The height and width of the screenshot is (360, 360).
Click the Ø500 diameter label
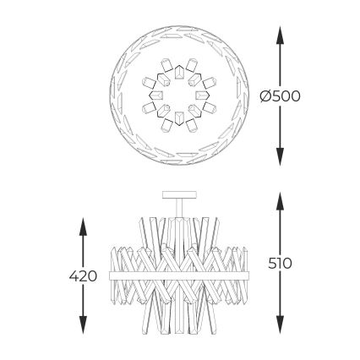click(281, 96)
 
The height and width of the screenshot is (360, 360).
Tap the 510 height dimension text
click(280, 264)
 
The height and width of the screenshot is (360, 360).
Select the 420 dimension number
click(83, 276)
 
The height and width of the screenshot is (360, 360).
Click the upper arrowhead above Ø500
click(280, 35)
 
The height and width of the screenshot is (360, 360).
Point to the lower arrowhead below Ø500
click(280, 156)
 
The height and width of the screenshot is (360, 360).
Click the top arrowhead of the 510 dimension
click(280, 201)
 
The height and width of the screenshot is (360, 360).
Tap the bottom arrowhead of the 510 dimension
click(280, 325)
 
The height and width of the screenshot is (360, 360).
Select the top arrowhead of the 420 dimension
click(83, 226)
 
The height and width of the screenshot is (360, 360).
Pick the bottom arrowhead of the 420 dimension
click(83, 325)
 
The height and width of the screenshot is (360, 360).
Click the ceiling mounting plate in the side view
click(179, 194)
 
